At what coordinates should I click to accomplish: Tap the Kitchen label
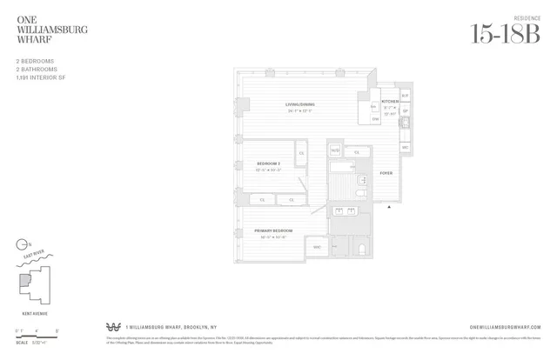pos(389,102)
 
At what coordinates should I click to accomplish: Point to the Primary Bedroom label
pos(275,230)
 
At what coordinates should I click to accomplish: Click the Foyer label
pos(386,173)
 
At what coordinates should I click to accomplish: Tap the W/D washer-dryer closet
pos(335,150)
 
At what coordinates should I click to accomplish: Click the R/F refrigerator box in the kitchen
pos(405,96)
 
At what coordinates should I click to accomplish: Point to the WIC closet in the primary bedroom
pos(317,248)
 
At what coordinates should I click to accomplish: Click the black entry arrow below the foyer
pos(389,207)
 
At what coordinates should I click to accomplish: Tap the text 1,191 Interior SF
pos(41,78)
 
